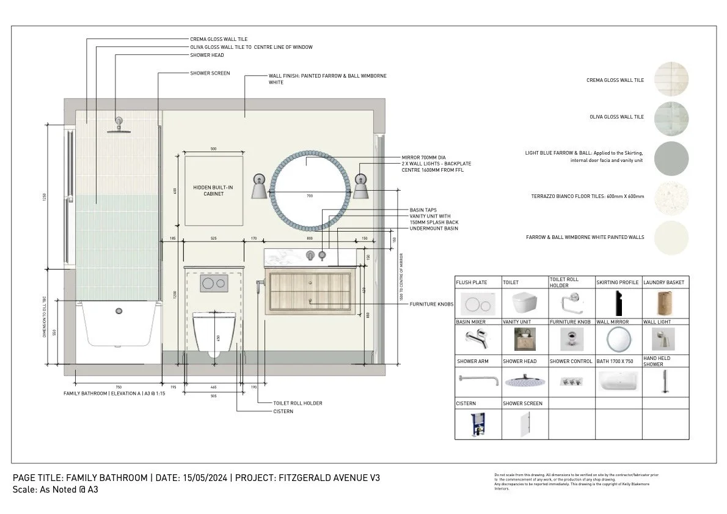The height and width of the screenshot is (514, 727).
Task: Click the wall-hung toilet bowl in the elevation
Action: coord(214,333)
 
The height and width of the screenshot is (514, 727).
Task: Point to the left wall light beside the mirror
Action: coord(258,187)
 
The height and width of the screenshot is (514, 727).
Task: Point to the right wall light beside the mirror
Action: coord(360,187)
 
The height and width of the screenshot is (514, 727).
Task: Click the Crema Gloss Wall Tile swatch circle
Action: coord(671,80)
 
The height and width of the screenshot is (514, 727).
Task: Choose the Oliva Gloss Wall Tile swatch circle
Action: coord(671,117)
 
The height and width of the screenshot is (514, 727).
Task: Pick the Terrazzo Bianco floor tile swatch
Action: coord(671,197)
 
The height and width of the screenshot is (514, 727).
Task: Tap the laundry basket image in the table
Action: coord(665,303)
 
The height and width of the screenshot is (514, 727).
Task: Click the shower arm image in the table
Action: coord(478,380)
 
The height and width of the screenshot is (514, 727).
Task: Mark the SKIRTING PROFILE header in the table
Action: coord(617,282)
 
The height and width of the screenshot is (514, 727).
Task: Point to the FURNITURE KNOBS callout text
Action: coord(431,304)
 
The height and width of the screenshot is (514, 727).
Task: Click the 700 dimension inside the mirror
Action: coord(309,196)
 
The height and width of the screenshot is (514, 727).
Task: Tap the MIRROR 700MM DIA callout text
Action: coord(423,158)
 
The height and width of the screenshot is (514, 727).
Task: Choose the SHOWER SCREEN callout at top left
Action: coord(210,73)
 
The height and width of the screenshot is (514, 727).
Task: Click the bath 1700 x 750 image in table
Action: coord(617,382)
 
